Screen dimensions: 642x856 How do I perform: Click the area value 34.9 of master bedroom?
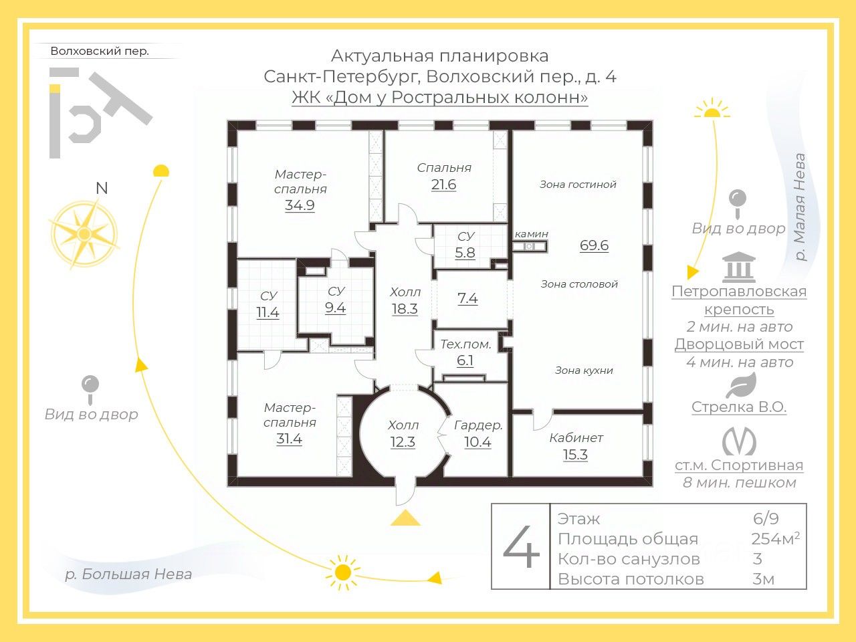[x=300, y=205]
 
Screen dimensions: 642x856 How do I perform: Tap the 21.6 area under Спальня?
[x=443, y=185]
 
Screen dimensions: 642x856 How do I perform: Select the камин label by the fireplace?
[x=532, y=233]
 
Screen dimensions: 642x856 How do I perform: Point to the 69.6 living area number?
[x=594, y=245]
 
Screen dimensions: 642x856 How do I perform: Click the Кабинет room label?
[x=576, y=438]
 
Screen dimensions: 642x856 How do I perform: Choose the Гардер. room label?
[x=478, y=425]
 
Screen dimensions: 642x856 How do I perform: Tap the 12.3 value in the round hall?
[x=403, y=442]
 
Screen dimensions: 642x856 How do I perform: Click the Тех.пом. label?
[x=465, y=344]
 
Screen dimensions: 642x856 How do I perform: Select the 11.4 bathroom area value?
[x=267, y=312]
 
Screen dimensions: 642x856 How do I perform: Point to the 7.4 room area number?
[x=467, y=298]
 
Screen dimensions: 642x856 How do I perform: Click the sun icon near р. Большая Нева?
[x=343, y=572]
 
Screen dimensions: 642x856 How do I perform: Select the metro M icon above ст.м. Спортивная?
[x=739, y=441]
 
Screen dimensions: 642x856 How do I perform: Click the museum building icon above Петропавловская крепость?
[x=739, y=267]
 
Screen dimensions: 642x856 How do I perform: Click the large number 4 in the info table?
[x=521, y=547]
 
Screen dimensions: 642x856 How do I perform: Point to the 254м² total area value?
[x=775, y=539]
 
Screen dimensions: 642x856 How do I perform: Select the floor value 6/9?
[x=766, y=519]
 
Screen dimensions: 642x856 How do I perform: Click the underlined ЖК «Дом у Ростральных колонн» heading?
[x=440, y=98]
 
